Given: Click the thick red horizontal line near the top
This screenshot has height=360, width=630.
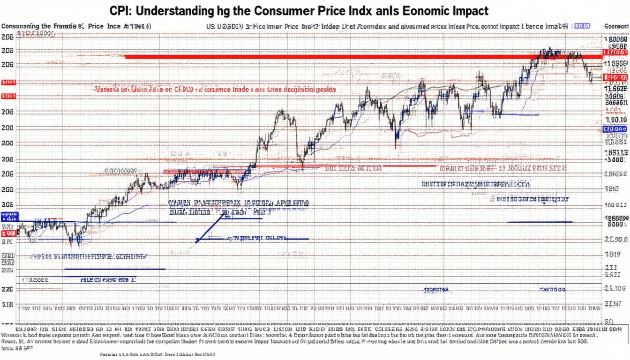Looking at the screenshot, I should tap(328, 57).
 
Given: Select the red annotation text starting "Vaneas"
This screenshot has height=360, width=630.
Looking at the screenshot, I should tap(216, 88).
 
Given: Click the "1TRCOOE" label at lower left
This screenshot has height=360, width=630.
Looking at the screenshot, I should tap(35, 279).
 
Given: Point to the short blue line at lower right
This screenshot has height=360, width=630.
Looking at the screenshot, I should tap(540, 222).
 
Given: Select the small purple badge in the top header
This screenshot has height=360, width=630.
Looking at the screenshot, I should tap(582, 27).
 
